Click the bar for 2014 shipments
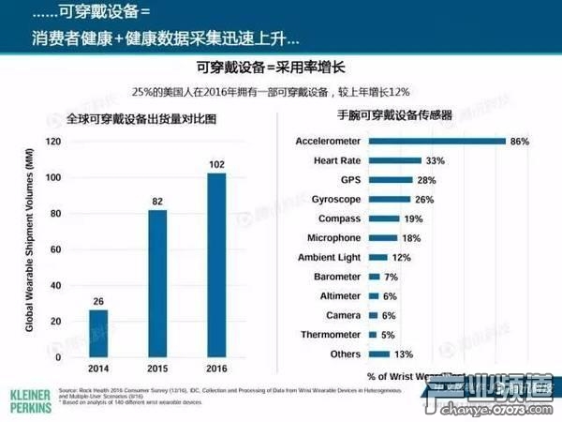(x=99, y=333)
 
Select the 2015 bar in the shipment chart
(x=158, y=283)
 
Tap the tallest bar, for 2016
(x=216, y=264)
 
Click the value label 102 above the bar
(x=216, y=164)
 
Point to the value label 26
(x=99, y=301)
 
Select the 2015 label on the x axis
(x=158, y=369)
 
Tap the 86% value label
(x=520, y=142)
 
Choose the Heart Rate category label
(x=337, y=160)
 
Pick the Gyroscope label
(x=334, y=200)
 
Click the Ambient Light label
(x=329, y=258)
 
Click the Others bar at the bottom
(x=380, y=354)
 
